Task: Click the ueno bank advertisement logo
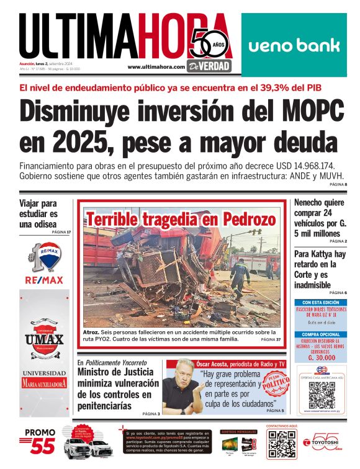click(x=294, y=45)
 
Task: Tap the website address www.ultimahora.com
click(x=156, y=67)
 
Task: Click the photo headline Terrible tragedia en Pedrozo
click(x=181, y=220)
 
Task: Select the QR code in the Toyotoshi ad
click(x=281, y=443)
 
